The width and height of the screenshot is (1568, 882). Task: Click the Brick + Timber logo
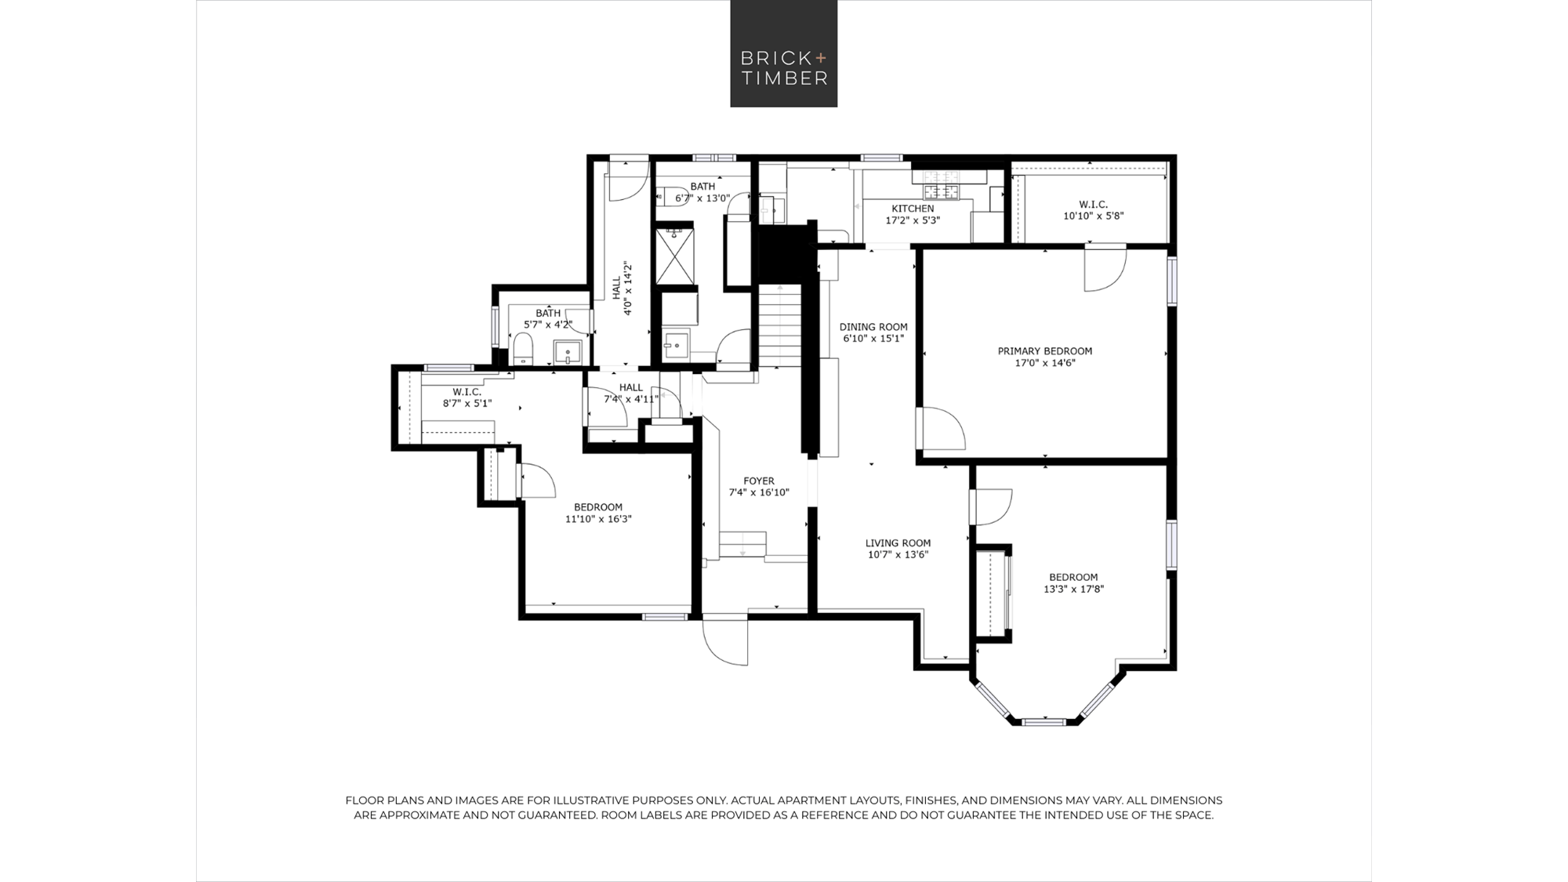[x=784, y=53]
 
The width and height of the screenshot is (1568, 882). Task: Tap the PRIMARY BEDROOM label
[x=1044, y=351]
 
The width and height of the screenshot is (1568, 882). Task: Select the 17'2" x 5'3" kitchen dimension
[x=913, y=220]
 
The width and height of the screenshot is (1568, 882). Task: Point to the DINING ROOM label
[x=873, y=327]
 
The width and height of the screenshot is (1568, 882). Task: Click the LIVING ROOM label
[x=898, y=543]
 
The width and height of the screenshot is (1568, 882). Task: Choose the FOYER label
[x=759, y=481]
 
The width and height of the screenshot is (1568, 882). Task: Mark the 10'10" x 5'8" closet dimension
[x=1094, y=216]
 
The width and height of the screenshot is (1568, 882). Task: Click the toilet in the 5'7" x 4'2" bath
[x=523, y=349]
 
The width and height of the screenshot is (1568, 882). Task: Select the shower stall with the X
[x=674, y=256]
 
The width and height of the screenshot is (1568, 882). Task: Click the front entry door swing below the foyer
[x=725, y=641]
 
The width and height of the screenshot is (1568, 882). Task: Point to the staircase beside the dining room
[x=779, y=325]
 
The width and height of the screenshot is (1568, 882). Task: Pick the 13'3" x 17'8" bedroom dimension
[x=1073, y=589]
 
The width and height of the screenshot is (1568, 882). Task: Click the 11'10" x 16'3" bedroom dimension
[x=598, y=518]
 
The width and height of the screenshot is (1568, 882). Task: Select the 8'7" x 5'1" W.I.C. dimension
[x=467, y=404]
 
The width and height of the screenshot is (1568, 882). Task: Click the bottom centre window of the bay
[x=1044, y=720]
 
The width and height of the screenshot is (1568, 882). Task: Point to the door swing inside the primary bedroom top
[x=1105, y=269]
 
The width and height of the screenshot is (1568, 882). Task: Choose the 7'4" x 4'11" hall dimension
[x=630, y=399]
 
